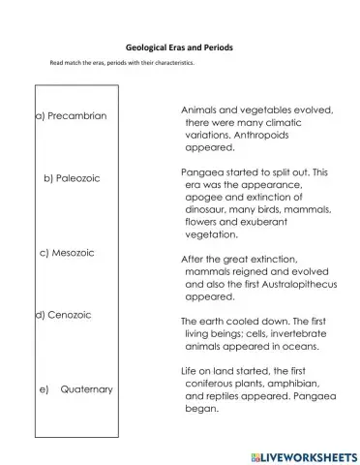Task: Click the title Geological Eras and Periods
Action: [x=179, y=46]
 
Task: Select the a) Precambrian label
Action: [x=71, y=116]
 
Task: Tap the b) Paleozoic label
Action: [x=72, y=178]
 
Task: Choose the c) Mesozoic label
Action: [x=74, y=252]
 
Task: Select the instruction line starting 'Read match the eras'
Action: [x=122, y=64]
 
